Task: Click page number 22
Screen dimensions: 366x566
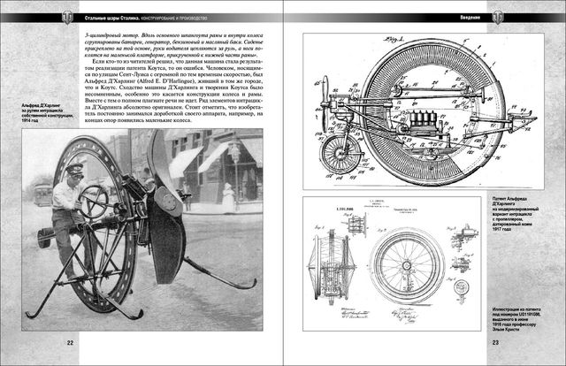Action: point(69,343)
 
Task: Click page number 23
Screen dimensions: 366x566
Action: point(496,343)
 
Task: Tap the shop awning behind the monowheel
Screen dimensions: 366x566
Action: point(200,159)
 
